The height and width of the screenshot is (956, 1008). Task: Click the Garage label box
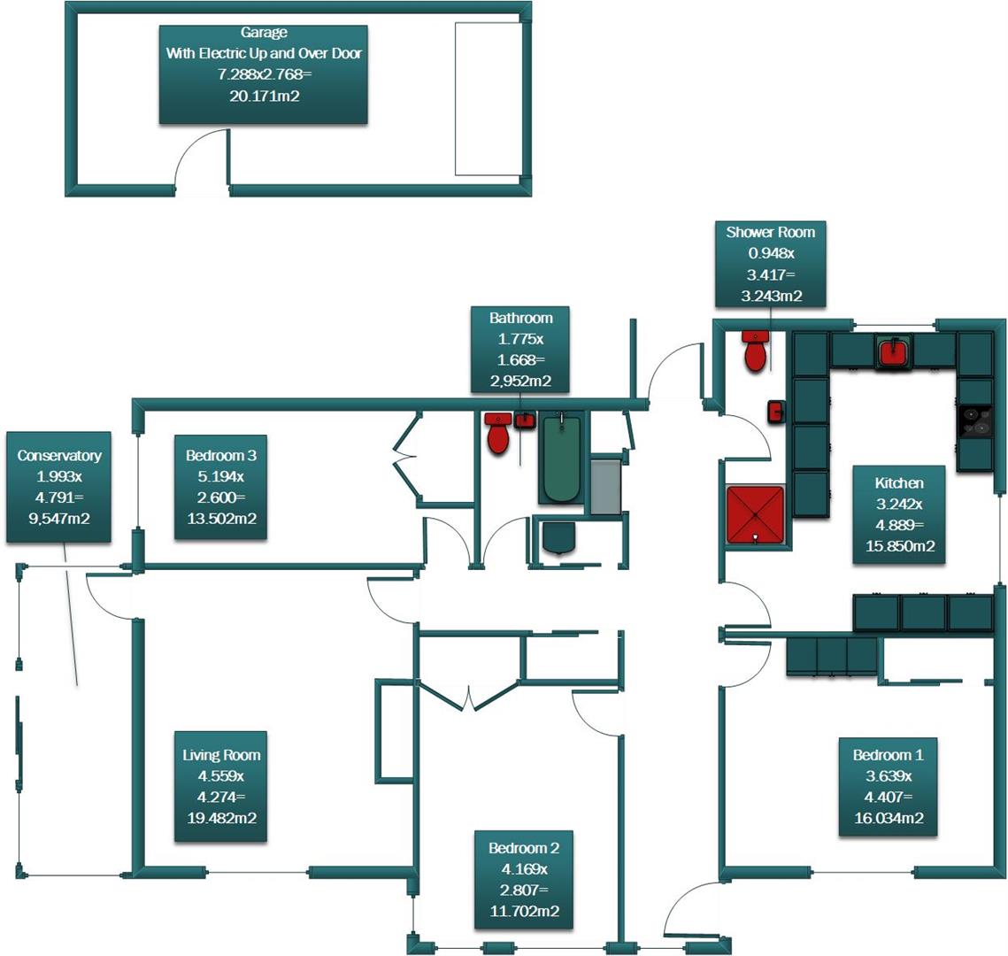[263, 74]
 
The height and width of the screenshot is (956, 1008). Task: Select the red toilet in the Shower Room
[755, 351]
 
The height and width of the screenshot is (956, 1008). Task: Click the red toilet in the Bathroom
[498, 433]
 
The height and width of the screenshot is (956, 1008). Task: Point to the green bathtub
[561, 459]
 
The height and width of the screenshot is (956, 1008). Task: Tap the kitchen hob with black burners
[976, 420]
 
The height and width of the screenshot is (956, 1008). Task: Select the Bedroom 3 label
[221, 487]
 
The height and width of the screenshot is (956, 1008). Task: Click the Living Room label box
[221, 786]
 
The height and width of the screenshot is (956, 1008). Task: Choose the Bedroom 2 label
[523, 879]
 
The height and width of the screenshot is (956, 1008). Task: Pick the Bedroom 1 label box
[888, 786]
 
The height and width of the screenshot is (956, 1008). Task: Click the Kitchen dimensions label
[898, 514]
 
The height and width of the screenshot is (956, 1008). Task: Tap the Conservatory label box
[58, 487]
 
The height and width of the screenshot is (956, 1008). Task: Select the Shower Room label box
[770, 264]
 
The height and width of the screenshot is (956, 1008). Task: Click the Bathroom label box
[520, 350]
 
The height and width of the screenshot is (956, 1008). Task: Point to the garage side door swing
[202, 159]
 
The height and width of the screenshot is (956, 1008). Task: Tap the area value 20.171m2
[264, 96]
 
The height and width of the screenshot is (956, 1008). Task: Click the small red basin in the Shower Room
[775, 412]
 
